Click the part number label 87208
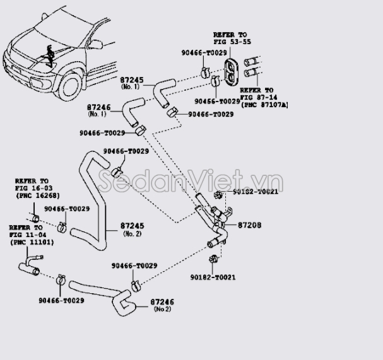click(x=250, y=225)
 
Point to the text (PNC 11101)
click(x=32, y=242)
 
